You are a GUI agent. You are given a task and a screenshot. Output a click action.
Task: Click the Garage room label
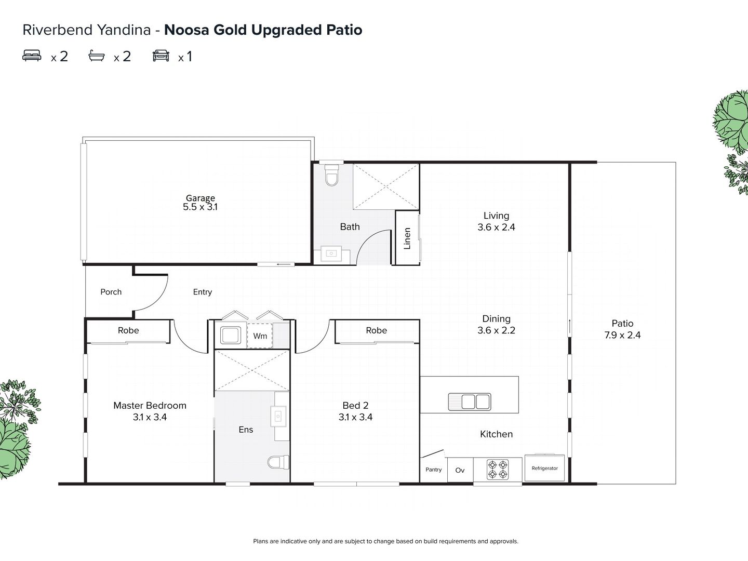tap(201, 198)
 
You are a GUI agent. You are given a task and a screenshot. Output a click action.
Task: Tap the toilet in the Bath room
tap(331, 176)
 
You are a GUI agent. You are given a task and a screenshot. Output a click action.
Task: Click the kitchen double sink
tap(469, 402)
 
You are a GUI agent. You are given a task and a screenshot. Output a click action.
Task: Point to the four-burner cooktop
tap(497, 469)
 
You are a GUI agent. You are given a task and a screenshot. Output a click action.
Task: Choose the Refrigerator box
tap(544, 468)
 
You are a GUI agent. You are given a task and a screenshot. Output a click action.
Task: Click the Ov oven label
tap(460, 470)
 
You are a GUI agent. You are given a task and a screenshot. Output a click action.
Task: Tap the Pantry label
tap(433, 470)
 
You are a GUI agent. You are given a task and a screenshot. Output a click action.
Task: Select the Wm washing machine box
tap(260, 336)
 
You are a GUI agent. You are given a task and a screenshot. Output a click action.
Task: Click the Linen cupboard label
tap(407, 238)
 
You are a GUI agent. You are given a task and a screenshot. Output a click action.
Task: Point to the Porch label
tap(111, 292)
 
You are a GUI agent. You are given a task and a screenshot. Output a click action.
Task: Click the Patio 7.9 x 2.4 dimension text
tap(622, 335)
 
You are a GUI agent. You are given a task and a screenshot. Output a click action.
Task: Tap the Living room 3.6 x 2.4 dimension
tap(496, 227)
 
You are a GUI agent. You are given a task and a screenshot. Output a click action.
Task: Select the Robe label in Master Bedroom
tap(128, 330)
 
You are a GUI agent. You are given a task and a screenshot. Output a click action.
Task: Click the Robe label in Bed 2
tap(376, 330)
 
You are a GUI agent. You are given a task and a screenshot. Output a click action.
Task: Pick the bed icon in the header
tap(32, 56)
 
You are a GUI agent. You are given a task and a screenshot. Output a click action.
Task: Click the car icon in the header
tap(161, 56)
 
